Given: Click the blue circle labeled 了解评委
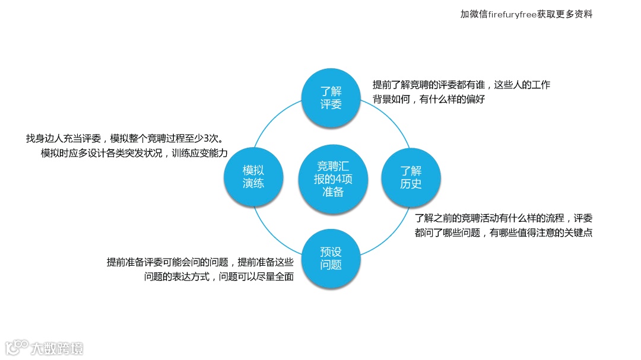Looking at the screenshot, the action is (331, 98).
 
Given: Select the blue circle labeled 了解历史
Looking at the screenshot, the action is (410, 177).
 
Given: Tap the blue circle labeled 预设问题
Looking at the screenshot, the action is (331, 258).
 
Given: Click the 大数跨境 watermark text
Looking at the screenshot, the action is (57, 348).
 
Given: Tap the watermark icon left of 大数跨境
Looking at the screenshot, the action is (17, 348).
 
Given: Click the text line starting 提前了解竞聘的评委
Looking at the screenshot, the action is (461, 85).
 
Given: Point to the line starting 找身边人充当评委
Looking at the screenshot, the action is (124, 139).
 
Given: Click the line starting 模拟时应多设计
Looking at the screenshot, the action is (134, 153).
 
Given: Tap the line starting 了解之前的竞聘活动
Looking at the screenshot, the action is (503, 218).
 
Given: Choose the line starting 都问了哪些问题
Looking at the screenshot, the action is (503, 233).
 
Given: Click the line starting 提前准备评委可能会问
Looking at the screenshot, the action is (200, 262).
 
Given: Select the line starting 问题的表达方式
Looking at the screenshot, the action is (219, 277).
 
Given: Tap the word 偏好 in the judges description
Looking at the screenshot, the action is (476, 100).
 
